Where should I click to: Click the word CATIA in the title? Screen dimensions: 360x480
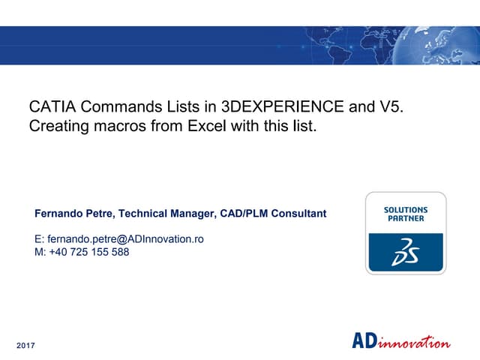(50, 106)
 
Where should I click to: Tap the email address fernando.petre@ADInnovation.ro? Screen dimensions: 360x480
(119, 239)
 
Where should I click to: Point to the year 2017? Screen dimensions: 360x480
(25, 345)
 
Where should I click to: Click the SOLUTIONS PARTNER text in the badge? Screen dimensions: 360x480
(405, 214)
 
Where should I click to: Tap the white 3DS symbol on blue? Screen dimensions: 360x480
(405, 253)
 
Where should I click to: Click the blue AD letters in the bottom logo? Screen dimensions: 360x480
(364, 341)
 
